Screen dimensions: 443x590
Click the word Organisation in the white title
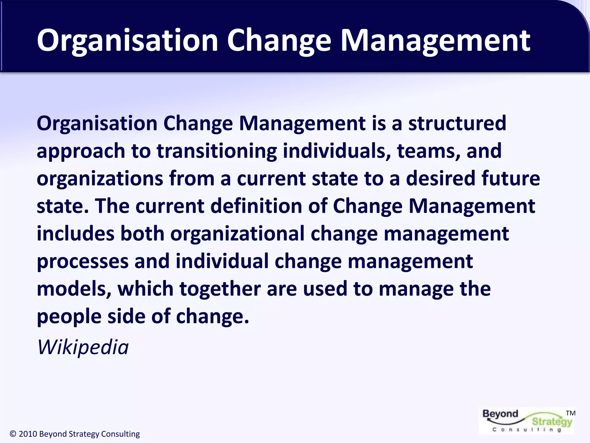(127, 41)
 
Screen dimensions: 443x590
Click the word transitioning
(217, 151)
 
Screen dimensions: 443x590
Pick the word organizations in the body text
(100, 179)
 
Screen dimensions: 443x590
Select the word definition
(256, 206)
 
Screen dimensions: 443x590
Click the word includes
(75, 234)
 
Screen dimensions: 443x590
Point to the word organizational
(237, 234)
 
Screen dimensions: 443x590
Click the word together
(220, 289)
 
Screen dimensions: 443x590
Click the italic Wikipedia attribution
(83, 347)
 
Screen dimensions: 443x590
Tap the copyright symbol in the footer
(13, 434)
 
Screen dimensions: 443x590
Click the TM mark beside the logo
(570, 413)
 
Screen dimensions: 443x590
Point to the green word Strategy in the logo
(552, 421)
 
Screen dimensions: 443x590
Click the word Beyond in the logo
(500, 414)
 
